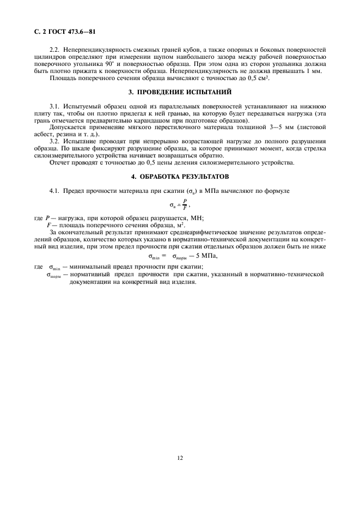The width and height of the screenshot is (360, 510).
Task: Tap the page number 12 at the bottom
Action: coord(180,458)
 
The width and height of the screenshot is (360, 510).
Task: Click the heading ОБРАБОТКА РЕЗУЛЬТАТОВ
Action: coord(185,177)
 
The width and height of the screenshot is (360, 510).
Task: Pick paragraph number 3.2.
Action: coord(56,141)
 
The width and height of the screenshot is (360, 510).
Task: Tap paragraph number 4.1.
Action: coord(56,191)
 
